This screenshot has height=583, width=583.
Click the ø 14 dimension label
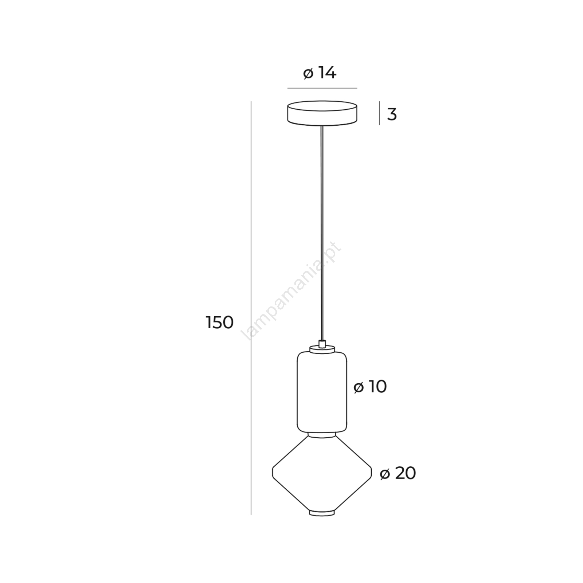pyautogui.click(x=320, y=73)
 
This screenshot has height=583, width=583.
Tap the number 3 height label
pyautogui.click(x=392, y=114)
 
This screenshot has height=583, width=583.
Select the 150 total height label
pyautogui.click(x=219, y=322)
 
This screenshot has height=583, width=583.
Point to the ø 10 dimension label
pyautogui.click(x=370, y=387)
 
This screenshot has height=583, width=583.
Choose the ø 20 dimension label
pyautogui.click(x=398, y=473)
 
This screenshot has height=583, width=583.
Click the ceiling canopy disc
pyautogui.click(x=322, y=113)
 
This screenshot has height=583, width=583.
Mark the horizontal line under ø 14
pyautogui.click(x=322, y=88)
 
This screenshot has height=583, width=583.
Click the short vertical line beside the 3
pyautogui.click(x=379, y=113)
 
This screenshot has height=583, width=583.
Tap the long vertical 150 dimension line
pyautogui.click(x=251, y=308)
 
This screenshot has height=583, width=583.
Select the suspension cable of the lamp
pyautogui.click(x=321, y=233)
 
